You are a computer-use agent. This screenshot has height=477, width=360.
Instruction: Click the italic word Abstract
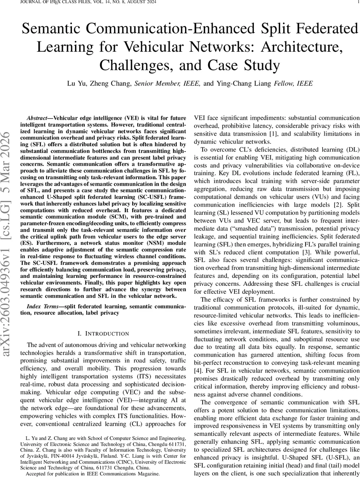coord(39,118)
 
